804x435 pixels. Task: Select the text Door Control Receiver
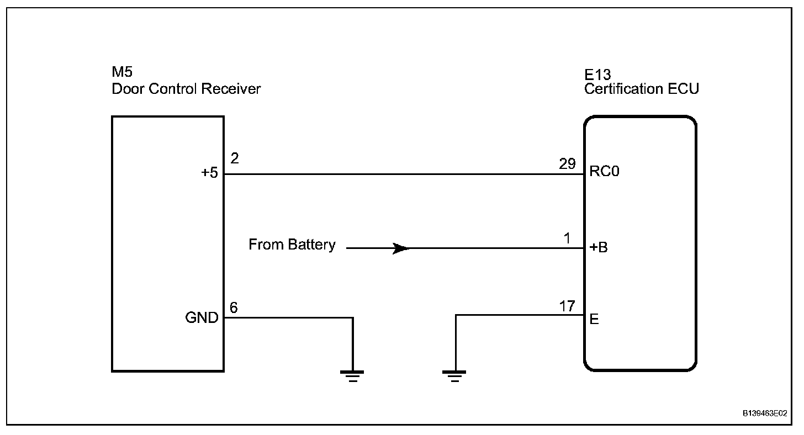186,89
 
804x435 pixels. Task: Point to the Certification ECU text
641,89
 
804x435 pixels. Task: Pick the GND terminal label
202,319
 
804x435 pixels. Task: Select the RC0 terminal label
605,172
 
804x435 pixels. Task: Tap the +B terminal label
599,248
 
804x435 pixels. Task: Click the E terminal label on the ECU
594,320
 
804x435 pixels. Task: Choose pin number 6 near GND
234,307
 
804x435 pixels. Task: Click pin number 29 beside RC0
567,163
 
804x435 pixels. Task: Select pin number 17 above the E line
567,305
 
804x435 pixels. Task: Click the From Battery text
292,245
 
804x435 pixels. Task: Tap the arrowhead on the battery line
401,248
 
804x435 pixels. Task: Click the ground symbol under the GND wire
352,376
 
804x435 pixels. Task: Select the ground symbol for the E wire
454,376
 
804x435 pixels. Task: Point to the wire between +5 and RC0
403,174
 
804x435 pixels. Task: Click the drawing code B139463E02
764,412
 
